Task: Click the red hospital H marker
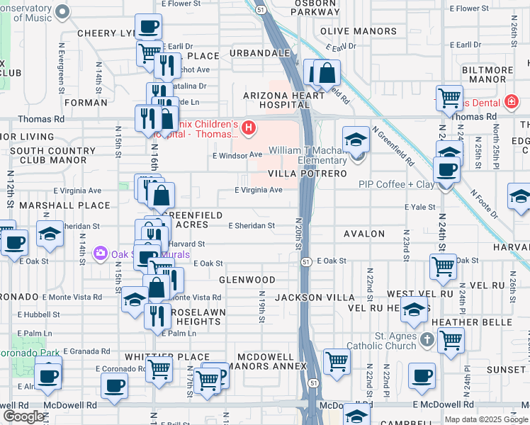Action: click(248, 127)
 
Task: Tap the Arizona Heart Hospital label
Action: click(276, 99)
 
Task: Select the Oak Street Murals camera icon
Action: click(100, 253)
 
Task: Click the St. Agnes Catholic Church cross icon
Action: click(427, 340)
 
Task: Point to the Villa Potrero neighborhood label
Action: click(308, 174)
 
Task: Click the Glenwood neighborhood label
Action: click(247, 280)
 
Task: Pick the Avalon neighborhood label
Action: click(363, 234)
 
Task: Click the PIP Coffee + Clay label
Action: click(395, 185)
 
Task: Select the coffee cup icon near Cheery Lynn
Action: click(147, 28)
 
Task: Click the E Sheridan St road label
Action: click(251, 226)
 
